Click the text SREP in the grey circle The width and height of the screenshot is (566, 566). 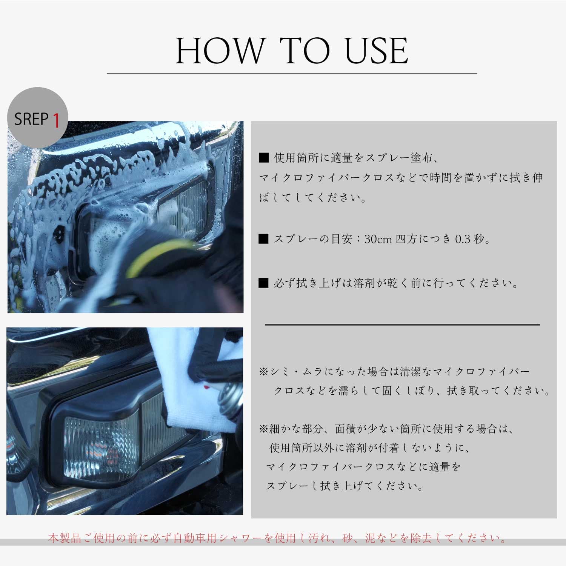click(31, 119)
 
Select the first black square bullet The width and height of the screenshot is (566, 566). click(263, 158)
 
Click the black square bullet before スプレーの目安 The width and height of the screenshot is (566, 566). click(263, 239)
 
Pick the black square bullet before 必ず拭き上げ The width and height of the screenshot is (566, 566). click(263, 283)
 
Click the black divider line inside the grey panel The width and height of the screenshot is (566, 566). click(402, 325)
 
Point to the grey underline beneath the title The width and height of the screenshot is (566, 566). click(292, 74)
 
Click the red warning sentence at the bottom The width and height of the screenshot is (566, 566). click(277, 538)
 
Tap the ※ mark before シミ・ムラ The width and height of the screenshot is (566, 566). click(263, 372)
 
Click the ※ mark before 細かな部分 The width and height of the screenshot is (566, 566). click(263, 429)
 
